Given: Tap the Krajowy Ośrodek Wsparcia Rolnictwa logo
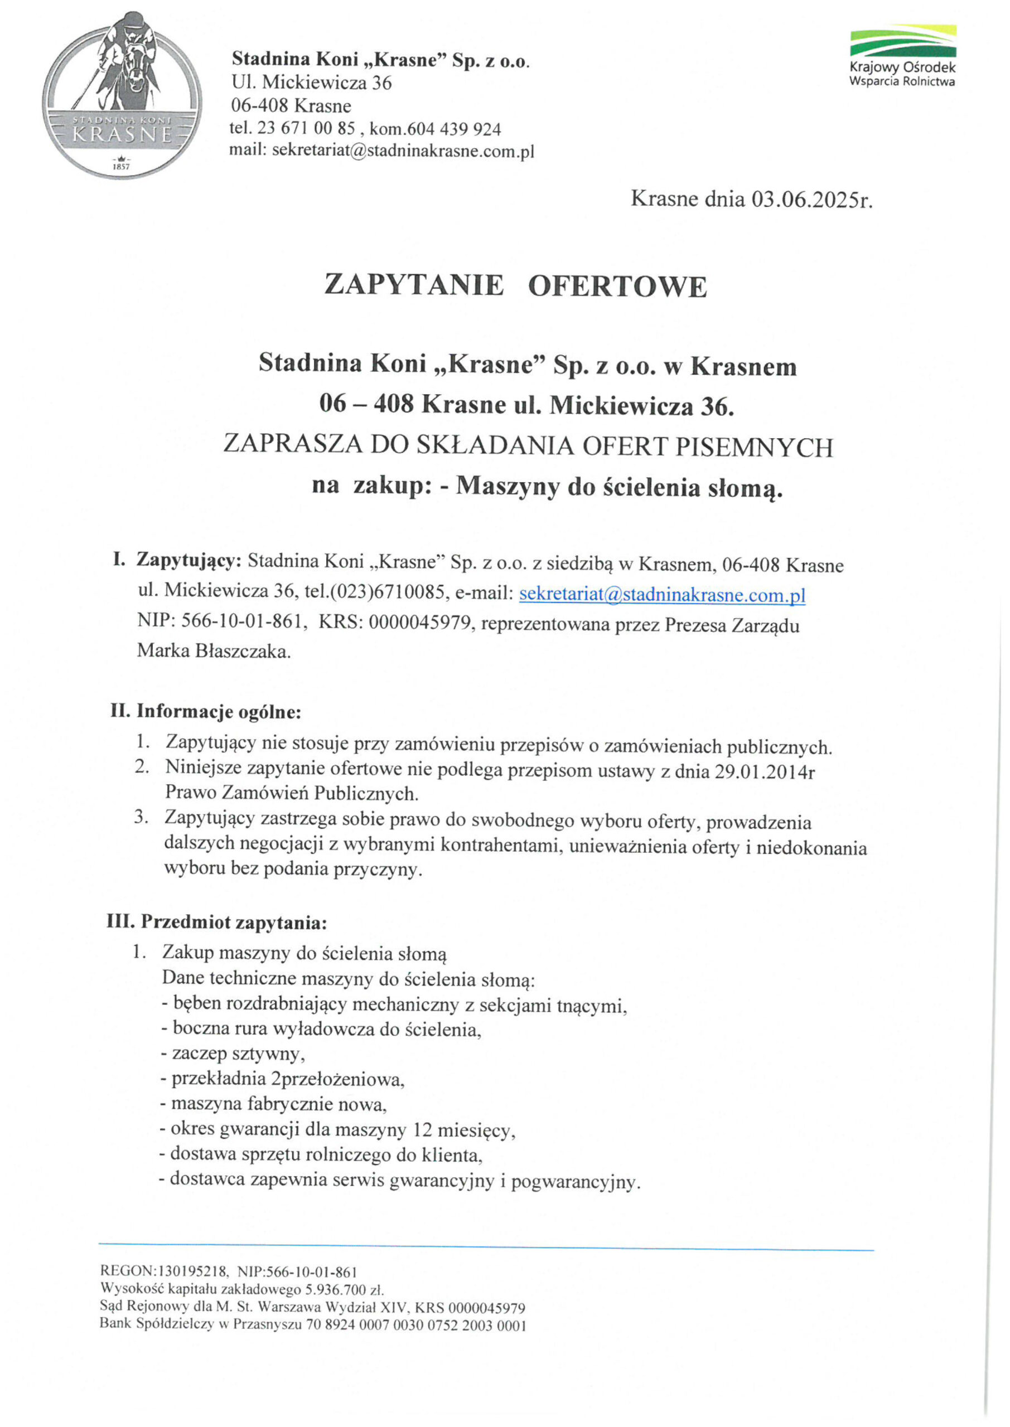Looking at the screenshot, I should (902, 56).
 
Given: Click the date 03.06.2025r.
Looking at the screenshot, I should (811, 200).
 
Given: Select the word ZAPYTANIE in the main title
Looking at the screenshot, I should (414, 286).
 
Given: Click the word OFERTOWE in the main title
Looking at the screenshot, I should (617, 287).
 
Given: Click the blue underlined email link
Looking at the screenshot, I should (662, 594).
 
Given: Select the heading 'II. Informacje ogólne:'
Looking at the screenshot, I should (206, 711).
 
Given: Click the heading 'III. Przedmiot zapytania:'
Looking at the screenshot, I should (217, 923).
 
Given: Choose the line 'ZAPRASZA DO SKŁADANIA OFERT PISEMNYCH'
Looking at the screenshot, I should (528, 446).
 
